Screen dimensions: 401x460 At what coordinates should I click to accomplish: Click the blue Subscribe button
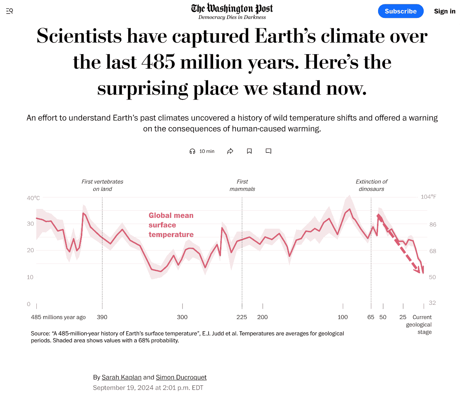tap(400, 11)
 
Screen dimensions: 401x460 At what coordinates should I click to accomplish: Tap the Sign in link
tap(445, 11)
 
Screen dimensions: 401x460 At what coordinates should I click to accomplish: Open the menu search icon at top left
tap(10, 11)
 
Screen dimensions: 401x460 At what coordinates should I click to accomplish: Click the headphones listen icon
tap(192, 151)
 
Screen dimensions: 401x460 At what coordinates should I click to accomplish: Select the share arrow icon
tap(230, 151)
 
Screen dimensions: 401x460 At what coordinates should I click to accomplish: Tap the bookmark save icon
tap(249, 151)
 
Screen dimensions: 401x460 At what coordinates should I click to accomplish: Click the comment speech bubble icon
tap(268, 151)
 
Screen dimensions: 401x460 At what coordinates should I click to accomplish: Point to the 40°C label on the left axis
tap(33, 198)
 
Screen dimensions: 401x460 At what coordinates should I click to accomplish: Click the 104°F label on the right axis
tap(428, 197)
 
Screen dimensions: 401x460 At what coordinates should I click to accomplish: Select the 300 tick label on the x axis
tap(182, 317)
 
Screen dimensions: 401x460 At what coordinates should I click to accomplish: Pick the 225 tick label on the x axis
tap(242, 317)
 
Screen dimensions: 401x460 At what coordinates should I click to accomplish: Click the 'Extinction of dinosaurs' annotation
tap(371, 185)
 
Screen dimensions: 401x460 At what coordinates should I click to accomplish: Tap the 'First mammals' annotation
tap(242, 185)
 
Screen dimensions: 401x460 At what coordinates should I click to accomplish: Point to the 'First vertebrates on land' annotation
tap(102, 185)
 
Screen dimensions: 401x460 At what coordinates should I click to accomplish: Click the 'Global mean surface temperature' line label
tap(171, 225)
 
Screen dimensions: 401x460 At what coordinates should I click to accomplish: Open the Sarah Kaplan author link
tap(121, 377)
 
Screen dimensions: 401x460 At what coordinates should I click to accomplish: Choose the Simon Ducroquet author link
tap(181, 377)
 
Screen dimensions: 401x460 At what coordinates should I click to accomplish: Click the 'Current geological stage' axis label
tap(420, 325)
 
